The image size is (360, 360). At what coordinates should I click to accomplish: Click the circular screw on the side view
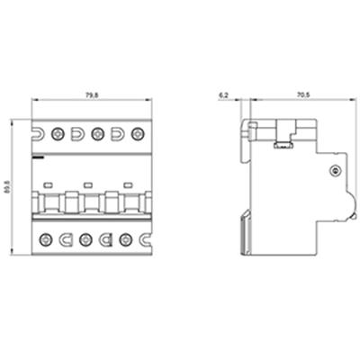334,171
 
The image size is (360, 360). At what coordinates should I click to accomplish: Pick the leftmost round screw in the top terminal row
57,134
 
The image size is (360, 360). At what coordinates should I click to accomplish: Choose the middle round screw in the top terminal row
96,134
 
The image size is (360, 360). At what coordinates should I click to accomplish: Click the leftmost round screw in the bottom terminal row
46,240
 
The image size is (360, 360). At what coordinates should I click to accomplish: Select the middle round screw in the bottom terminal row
85,240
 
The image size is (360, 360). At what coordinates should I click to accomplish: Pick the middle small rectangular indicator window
88,186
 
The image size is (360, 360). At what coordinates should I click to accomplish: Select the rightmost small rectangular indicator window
128,186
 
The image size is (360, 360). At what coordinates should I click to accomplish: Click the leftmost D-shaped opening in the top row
37,134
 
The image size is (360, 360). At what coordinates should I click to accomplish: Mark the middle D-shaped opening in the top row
76,134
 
